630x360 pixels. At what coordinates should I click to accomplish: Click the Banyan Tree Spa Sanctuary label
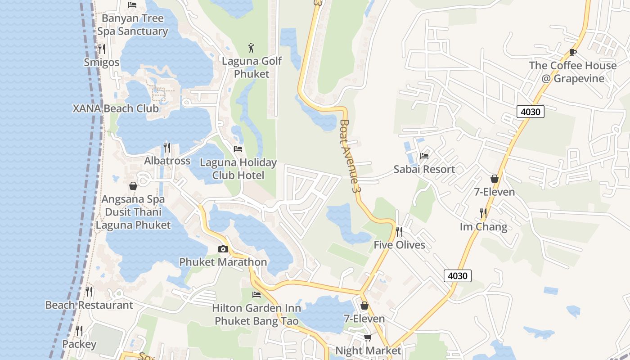(132, 25)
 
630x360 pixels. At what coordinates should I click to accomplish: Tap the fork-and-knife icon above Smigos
(102, 49)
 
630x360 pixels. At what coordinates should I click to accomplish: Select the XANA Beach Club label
(116, 108)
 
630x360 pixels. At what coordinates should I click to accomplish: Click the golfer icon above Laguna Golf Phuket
(252, 47)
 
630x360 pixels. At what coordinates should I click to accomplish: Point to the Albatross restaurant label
(167, 161)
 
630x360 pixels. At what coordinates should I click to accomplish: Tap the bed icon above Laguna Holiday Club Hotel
(238, 148)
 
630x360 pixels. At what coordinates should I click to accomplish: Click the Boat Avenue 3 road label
(351, 156)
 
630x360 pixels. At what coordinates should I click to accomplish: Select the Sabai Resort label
(424, 169)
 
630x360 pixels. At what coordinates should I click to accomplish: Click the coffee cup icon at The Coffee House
(573, 52)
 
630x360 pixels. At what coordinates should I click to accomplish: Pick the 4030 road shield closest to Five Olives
(458, 275)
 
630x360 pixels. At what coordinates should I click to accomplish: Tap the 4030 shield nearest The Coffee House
(530, 112)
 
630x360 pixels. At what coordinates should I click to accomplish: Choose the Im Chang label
(483, 226)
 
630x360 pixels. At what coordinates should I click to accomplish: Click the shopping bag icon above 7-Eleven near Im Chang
(495, 179)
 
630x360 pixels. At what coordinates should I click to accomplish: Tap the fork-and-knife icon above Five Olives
(399, 231)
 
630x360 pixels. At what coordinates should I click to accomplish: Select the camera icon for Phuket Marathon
(223, 249)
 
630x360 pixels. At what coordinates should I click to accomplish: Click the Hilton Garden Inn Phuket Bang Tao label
(256, 315)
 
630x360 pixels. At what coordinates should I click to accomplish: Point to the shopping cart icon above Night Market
(368, 337)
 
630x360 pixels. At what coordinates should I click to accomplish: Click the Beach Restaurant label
(89, 305)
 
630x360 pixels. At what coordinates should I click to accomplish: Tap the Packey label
(79, 344)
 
